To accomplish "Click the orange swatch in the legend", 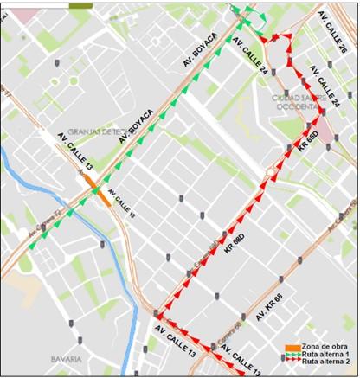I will point(292,347).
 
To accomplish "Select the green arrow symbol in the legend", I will point(292,354).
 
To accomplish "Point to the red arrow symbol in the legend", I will point(292,362).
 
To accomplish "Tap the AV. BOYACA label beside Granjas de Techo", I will point(137,125).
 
